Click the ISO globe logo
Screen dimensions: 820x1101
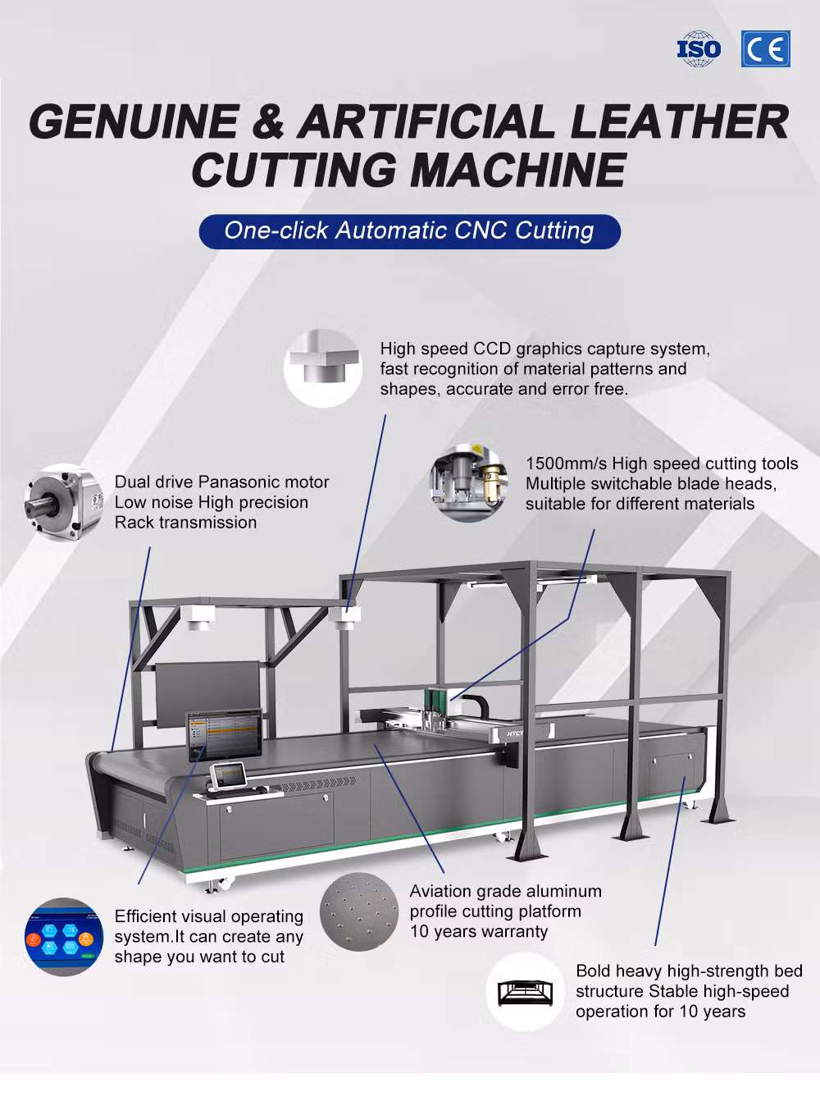tap(699, 48)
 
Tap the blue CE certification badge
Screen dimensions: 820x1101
tap(765, 48)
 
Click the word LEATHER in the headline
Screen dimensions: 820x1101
tap(680, 122)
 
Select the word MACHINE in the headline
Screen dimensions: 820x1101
tap(519, 170)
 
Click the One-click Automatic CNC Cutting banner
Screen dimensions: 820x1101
tap(409, 231)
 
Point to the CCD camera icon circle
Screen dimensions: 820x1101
tap(323, 368)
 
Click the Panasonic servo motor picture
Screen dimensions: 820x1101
tap(64, 502)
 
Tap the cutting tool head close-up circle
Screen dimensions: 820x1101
tap(468, 482)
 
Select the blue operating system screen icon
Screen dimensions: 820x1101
tap(64, 937)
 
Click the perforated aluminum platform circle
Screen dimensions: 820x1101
tap(359, 911)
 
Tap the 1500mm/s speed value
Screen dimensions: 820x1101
tap(567, 464)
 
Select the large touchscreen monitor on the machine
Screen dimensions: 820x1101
tap(225, 735)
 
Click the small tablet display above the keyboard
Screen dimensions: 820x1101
tap(228, 774)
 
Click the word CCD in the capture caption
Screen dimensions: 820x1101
tap(492, 349)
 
